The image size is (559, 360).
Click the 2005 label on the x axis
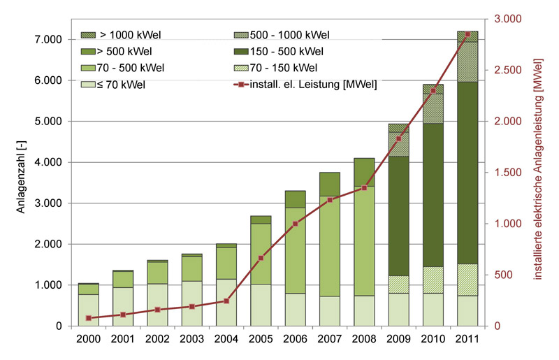pos(261,340)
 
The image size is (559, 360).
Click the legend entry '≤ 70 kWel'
pos(124,85)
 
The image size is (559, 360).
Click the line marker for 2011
pos(467,34)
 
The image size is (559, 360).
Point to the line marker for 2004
pos(226,301)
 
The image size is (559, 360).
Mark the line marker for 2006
pos(296,224)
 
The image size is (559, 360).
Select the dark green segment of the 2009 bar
pos(398,216)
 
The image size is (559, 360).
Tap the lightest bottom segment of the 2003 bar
pos(192,304)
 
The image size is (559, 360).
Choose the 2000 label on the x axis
pos(89,340)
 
